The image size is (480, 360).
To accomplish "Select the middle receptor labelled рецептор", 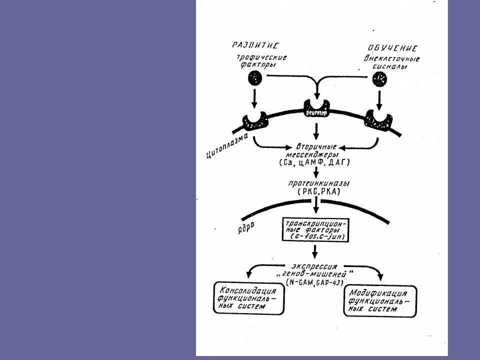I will [x=315, y=108].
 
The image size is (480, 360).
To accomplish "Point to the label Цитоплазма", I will [x=226, y=146].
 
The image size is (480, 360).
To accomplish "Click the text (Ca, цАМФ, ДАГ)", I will [x=315, y=163].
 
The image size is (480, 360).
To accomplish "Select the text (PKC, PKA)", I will [x=315, y=191].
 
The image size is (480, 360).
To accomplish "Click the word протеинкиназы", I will [x=315, y=183].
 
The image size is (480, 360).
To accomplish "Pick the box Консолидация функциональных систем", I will [x=248, y=298].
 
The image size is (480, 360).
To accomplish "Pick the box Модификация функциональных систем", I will [x=380, y=302].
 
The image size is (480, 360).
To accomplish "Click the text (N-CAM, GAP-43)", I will [x=314, y=282].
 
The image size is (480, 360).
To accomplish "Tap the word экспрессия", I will [x=314, y=265].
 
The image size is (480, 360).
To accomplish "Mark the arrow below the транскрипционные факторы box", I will [x=314, y=251].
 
